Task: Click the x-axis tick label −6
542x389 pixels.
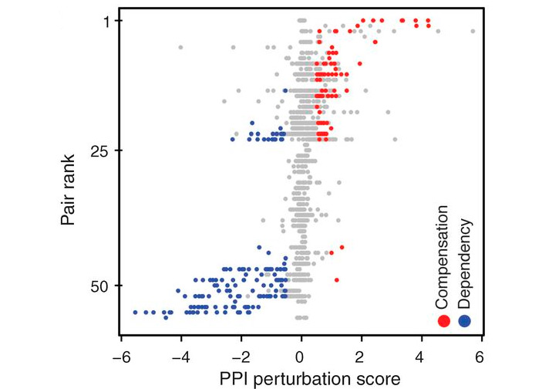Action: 119,358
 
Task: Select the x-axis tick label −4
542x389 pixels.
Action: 179,358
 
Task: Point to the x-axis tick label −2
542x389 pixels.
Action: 239,358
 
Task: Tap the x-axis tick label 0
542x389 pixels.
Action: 301,358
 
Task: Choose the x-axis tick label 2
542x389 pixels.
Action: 362,358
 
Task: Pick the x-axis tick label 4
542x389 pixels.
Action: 422,358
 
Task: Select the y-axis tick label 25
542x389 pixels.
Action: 103,151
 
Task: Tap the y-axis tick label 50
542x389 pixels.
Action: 103,286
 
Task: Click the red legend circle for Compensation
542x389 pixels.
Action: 443,321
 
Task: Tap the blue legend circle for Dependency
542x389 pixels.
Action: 464,321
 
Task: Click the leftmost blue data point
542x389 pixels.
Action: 136,312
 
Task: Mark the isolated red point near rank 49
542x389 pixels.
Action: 337,279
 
